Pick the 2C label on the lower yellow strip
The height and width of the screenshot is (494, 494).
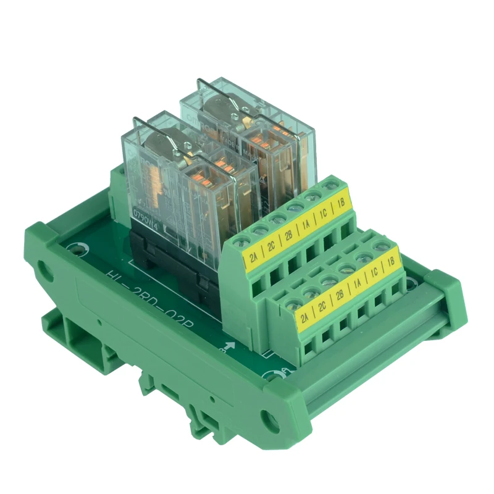coord(322,307)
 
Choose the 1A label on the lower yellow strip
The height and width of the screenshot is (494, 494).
coord(356,285)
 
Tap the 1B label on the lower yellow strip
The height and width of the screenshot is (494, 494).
coord(390,265)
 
